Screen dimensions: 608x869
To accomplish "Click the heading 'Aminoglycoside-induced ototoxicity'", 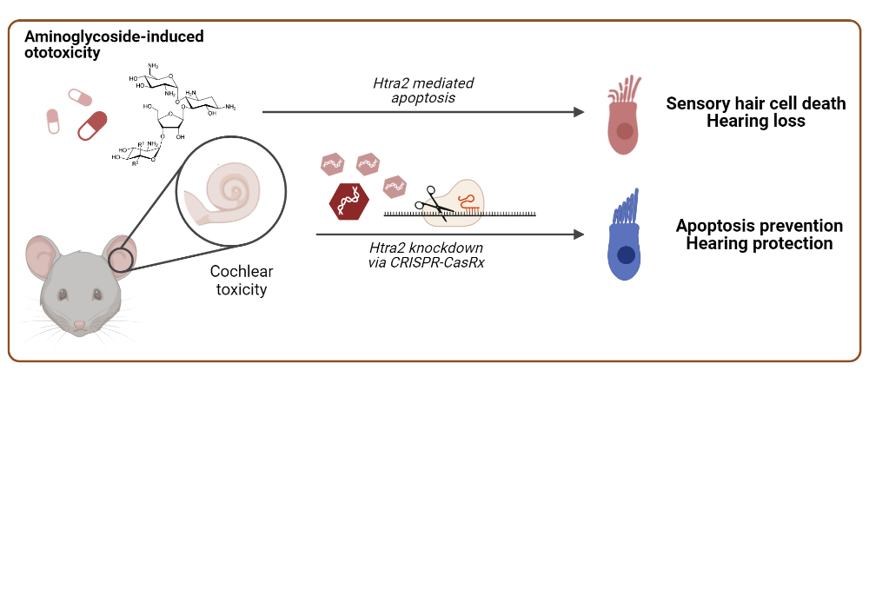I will point(114,44).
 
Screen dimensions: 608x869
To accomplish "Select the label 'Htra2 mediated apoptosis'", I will point(422,91).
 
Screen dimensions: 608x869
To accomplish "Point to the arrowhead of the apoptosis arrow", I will point(577,112).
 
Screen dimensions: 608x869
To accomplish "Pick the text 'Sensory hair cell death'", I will point(755,104).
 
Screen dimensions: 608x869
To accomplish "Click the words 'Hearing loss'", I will point(755,122).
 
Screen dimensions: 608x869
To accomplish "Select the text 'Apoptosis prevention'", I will point(759,226).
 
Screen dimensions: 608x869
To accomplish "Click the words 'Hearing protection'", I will point(759,244).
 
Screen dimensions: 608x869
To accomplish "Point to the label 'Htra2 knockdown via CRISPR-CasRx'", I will point(421,254).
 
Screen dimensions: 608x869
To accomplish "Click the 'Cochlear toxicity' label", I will point(241,281).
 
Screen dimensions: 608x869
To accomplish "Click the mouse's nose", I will point(80,325).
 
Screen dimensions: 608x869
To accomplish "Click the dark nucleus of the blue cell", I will point(625,255).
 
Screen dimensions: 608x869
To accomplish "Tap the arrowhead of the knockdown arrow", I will point(577,234).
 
